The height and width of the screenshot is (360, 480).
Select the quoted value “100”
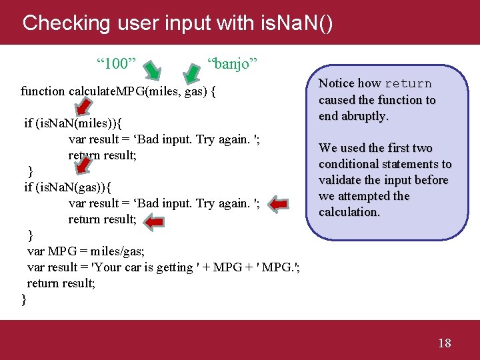[x=117, y=64]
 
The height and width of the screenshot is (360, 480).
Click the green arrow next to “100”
[x=153, y=69]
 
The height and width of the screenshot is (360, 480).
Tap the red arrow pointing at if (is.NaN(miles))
[x=83, y=106]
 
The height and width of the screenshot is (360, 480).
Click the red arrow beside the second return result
[x=155, y=221]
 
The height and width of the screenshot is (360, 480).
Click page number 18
[x=444, y=343]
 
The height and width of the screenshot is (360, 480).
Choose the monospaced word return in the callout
[x=408, y=84]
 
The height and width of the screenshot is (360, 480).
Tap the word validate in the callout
[x=339, y=180]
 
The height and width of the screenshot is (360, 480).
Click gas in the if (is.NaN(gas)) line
[x=85, y=187]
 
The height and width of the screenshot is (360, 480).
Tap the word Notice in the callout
[x=336, y=84]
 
